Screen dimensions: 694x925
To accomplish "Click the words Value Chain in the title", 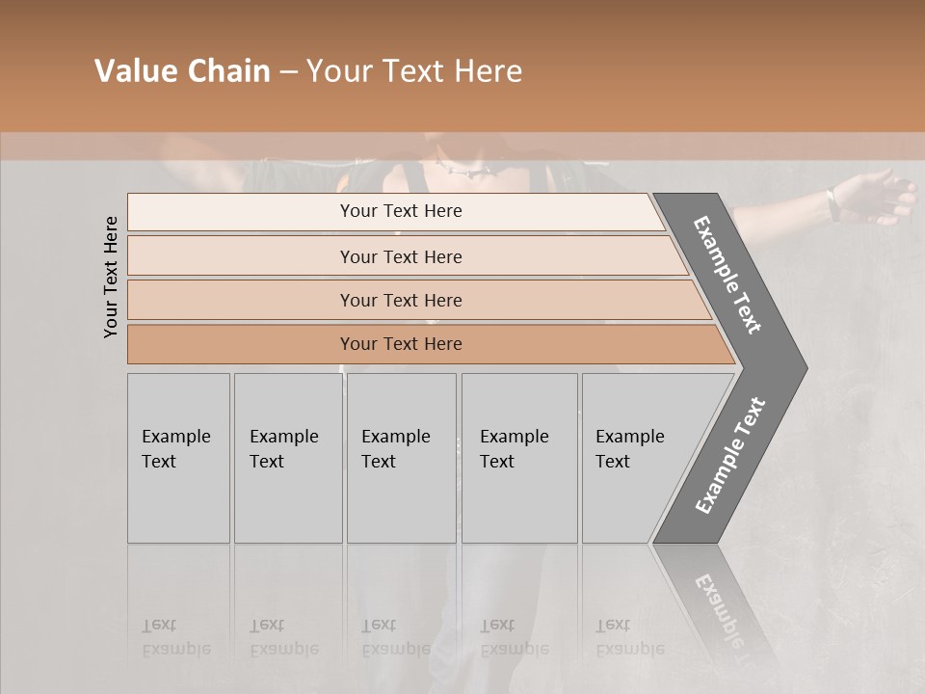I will tap(182, 71).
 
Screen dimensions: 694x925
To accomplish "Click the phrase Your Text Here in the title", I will tap(414, 71).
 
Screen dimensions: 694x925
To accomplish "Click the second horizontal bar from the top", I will tap(400, 256).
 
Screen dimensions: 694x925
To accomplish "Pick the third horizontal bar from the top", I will tap(400, 300).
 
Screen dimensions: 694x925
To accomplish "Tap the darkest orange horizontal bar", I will tap(400, 344).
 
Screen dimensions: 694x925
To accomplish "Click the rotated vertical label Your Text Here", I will tap(111, 277).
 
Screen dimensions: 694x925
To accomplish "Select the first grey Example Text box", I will tap(178, 458).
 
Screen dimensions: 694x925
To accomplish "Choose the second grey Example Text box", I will tap(287, 458).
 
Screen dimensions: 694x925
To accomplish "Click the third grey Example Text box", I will tap(401, 458).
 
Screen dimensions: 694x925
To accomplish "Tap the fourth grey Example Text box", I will tap(518, 458).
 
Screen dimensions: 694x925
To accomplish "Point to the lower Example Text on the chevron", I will tap(730, 455).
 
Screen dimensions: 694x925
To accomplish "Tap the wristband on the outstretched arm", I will tap(830, 201).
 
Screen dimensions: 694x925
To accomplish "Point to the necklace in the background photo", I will tap(466, 171).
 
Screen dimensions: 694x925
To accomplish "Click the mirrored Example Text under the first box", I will tap(176, 637).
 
